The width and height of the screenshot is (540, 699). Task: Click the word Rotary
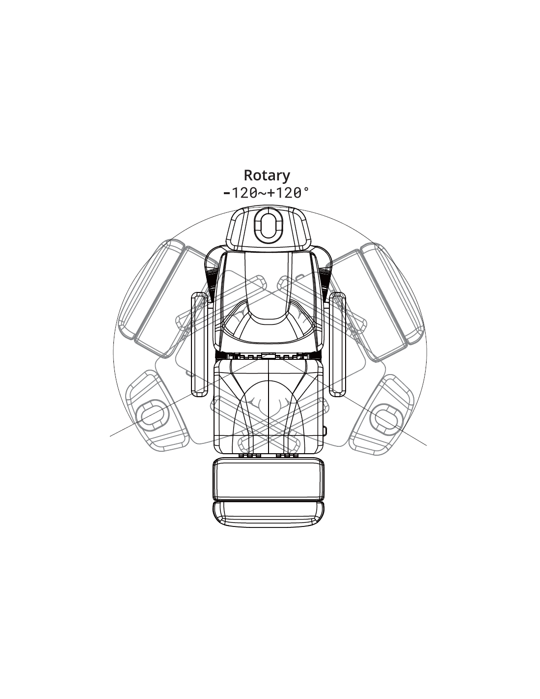pos(267,175)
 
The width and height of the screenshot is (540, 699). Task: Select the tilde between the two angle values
pos(260,193)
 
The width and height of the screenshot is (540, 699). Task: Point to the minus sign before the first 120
pos(226,193)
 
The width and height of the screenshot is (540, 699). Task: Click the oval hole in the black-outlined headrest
pos(268,227)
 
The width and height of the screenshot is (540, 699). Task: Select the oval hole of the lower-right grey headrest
pos(386,416)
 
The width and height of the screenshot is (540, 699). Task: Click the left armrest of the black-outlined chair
pos(199,344)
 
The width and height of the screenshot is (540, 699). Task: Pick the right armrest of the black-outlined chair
pos(338,344)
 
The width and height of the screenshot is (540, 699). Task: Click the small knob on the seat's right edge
pos(325,431)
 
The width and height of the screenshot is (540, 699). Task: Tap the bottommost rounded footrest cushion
pos(269,513)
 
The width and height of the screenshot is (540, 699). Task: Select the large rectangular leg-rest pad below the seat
pos(269,479)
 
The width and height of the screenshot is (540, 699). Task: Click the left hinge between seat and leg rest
pos(249,456)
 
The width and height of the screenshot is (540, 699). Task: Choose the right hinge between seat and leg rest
pos(288,456)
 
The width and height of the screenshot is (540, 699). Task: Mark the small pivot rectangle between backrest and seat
pos(269,355)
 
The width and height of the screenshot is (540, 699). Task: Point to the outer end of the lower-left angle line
pos(111,436)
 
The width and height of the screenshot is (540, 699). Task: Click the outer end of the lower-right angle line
pos(426,445)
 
